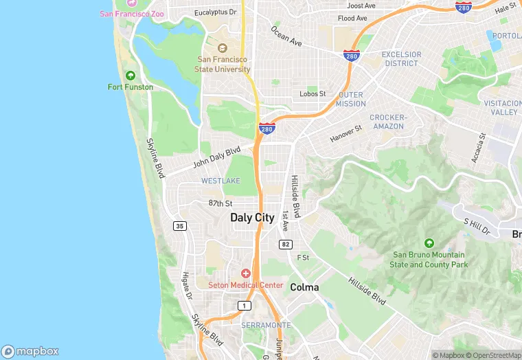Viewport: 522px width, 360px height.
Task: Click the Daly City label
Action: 252,218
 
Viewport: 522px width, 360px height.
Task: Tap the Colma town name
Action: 304,287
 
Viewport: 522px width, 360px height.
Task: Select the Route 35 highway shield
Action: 180,226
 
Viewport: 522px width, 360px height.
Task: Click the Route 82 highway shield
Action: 285,245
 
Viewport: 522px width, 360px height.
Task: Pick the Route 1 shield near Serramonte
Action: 244,305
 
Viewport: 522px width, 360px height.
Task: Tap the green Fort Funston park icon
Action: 130,76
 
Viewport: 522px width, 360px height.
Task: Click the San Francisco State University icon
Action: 223,48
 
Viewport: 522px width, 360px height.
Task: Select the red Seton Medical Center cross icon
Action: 246,274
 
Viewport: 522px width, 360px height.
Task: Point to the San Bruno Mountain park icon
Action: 429,243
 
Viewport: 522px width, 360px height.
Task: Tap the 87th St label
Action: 220,203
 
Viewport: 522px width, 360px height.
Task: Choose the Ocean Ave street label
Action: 286,37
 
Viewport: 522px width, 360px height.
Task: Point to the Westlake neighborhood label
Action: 220,181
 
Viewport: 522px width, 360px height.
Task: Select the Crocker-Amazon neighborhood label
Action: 388,122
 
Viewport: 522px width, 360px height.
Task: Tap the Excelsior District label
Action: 400,58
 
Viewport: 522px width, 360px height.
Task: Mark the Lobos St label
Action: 313,94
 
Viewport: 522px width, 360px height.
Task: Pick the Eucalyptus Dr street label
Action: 215,12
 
